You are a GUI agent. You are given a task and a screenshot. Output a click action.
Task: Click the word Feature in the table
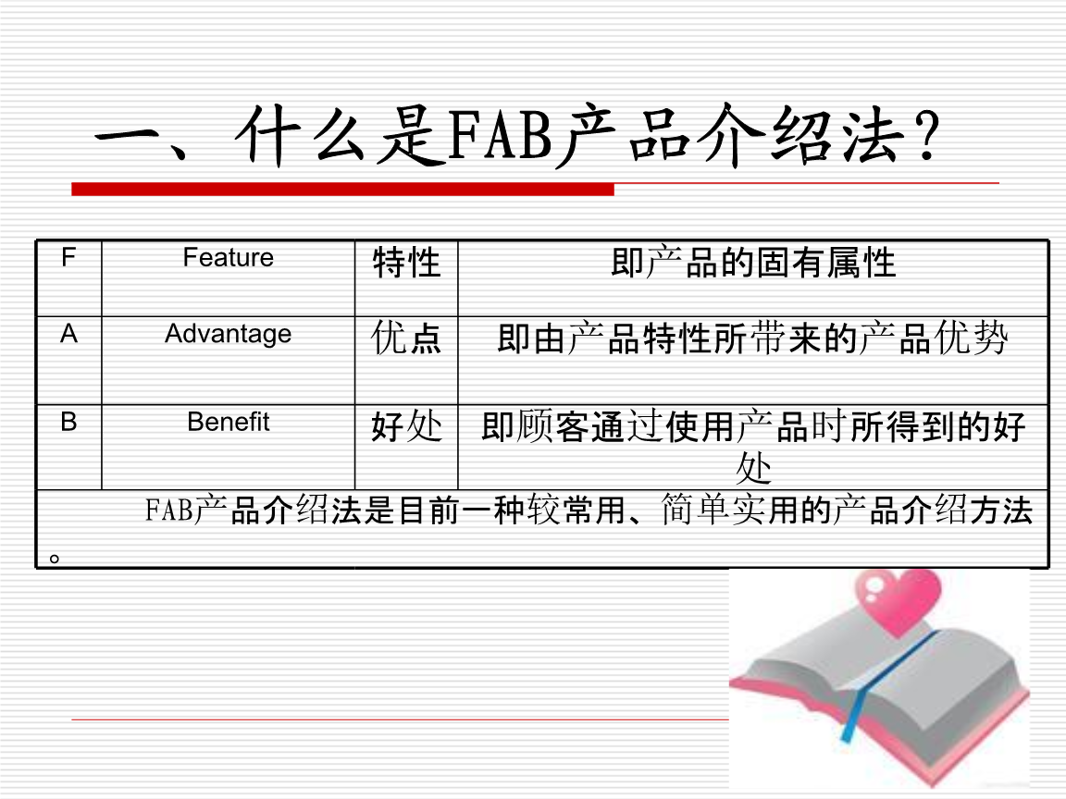pyautogui.click(x=229, y=257)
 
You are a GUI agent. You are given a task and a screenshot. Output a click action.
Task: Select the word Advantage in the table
pyautogui.click(x=229, y=334)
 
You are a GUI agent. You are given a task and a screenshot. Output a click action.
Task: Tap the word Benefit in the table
pyautogui.click(x=229, y=422)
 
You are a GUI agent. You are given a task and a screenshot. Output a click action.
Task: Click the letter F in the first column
pyautogui.click(x=68, y=257)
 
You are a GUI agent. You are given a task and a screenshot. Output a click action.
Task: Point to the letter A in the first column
pyautogui.click(x=68, y=334)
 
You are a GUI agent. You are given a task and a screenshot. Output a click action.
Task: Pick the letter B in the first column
pyautogui.click(x=68, y=422)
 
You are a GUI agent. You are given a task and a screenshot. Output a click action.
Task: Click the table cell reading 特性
pyautogui.click(x=406, y=263)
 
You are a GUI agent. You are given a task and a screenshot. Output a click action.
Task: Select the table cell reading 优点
pyautogui.click(x=406, y=338)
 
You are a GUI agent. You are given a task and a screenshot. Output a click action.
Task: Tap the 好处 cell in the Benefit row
pyautogui.click(x=406, y=426)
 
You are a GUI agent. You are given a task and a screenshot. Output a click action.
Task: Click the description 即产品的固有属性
pyautogui.click(x=753, y=263)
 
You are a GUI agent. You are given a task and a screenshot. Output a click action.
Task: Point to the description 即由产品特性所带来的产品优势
pyautogui.click(x=752, y=338)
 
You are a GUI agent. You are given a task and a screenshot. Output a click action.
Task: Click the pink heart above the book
pyautogui.click(x=899, y=601)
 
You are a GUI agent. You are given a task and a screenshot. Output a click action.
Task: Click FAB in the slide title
pyautogui.click(x=501, y=137)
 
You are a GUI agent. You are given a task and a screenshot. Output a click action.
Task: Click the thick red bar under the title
pyautogui.click(x=342, y=190)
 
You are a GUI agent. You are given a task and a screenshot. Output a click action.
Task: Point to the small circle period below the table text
pyautogui.click(x=55, y=559)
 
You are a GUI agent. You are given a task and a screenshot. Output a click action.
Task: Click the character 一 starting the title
pyautogui.click(x=130, y=137)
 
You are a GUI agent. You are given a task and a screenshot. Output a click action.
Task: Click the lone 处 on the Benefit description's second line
pyautogui.click(x=753, y=468)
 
